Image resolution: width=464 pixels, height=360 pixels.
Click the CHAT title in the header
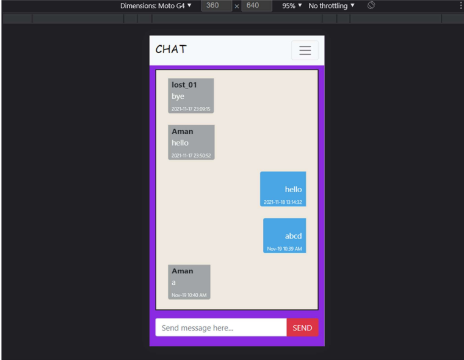pyautogui.click(x=171, y=49)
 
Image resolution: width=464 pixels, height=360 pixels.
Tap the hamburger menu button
pyautogui.click(x=305, y=50)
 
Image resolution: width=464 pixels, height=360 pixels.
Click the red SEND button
pyautogui.click(x=302, y=328)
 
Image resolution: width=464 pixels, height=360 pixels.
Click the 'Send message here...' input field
pyautogui.click(x=221, y=328)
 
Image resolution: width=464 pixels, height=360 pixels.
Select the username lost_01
pyautogui.click(x=184, y=85)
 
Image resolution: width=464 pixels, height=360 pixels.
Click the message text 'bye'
pyautogui.click(x=178, y=96)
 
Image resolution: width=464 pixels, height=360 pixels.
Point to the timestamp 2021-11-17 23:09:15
pyautogui.click(x=191, y=109)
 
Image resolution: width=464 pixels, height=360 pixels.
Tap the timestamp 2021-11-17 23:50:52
pyautogui.click(x=191, y=156)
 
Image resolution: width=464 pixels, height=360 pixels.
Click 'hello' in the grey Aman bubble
pyautogui.click(x=180, y=143)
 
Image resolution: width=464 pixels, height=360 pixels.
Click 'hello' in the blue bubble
pyautogui.click(x=293, y=189)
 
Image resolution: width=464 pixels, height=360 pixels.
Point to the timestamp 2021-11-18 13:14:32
pyautogui.click(x=283, y=203)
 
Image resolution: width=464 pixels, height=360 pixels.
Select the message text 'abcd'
pyautogui.click(x=293, y=236)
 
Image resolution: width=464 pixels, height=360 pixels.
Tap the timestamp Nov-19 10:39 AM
pyautogui.click(x=285, y=249)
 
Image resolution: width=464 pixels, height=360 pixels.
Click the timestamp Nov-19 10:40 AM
pyautogui.click(x=189, y=295)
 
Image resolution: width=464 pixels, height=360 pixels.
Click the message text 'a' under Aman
pyautogui.click(x=174, y=283)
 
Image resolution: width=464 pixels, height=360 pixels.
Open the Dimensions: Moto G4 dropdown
pyautogui.click(x=156, y=5)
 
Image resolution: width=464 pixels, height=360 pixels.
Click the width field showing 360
pyautogui.click(x=216, y=5)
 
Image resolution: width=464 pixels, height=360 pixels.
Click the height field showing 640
pyautogui.click(x=256, y=5)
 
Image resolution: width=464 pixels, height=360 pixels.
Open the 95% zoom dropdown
pyautogui.click(x=292, y=5)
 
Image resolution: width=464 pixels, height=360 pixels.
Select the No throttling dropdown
pyautogui.click(x=332, y=5)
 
